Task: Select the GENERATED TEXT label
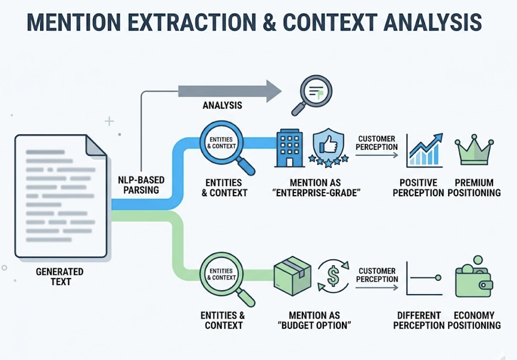[60, 277]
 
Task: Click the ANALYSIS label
[222, 106]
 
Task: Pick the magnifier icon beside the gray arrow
[312, 94]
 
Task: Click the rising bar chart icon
[424, 150]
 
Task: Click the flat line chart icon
[423, 277]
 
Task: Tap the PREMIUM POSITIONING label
[474, 188]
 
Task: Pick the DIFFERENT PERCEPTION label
[419, 320]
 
